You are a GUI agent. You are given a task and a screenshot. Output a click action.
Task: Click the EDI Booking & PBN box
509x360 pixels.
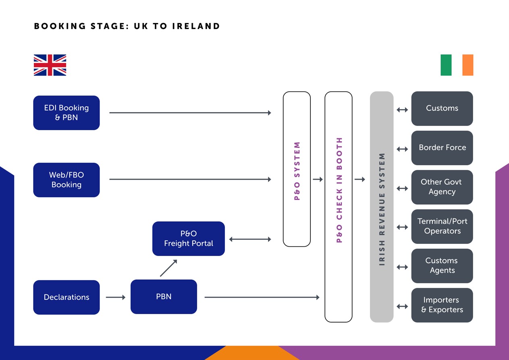click(x=66, y=113)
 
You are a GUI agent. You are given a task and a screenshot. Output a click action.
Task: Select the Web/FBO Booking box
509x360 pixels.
click(x=66, y=180)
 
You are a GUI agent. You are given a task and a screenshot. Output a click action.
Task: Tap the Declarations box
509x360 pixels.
click(x=66, y=297)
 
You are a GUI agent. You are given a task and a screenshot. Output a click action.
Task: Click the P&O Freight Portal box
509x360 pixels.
click(x=189, y=239)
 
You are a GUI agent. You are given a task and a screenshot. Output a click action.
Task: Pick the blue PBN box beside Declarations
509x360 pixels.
click(x=164, y=297)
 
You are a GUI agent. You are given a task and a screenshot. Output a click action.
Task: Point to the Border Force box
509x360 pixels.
click(x=442, y=148)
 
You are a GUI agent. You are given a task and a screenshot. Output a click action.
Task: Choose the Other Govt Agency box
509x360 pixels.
click(x=442, y=187)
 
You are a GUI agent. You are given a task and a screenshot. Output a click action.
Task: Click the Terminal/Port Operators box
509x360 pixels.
click(x=442, y=227)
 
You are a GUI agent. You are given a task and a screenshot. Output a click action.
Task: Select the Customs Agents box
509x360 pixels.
click(x=442, y=266)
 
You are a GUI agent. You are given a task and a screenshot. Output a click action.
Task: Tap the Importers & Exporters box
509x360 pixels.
click(x=442, y=305)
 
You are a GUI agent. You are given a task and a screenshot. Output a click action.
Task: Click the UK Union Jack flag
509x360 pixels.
click(x=50, y=65)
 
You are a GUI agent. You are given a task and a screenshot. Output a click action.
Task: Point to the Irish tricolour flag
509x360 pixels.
click(x=457, y=65)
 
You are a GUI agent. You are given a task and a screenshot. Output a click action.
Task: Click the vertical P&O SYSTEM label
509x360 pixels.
click(x=297, y=171)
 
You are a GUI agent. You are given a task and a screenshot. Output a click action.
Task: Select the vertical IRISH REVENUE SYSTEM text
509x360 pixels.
click(x=382, y=209)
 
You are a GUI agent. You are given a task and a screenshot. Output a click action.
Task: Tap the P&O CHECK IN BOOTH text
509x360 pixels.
click(x=339, y=190)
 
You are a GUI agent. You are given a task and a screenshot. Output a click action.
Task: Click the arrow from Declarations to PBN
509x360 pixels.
click(x=116, y=297)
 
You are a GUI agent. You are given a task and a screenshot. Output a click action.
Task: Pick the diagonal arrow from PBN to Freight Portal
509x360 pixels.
click(x=168, y=268)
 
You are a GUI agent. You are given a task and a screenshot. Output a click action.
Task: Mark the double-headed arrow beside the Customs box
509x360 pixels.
click(x=402, y=110)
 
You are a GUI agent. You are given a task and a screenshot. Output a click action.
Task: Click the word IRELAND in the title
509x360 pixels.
click(x=196, y=26)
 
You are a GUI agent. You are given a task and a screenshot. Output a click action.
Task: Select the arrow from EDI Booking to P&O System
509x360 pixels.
click(x=190, y=113)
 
